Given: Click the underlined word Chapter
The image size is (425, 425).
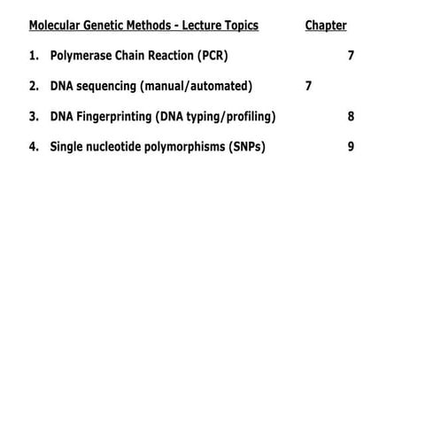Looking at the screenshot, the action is coord(326,26).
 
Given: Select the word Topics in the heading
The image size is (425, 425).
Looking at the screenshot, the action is coord(238,26).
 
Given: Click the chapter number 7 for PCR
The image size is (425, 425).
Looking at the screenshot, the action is coord(352,56).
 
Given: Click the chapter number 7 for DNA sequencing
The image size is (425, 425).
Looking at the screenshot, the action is coord(308,86).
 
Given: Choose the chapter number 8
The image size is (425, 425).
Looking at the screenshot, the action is coord(352,116).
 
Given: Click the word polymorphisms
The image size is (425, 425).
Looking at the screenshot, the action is coord(189,146).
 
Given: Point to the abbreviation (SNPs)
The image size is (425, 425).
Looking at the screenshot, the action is coord(247,146).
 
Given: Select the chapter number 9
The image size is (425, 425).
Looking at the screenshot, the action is coord(352,146).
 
